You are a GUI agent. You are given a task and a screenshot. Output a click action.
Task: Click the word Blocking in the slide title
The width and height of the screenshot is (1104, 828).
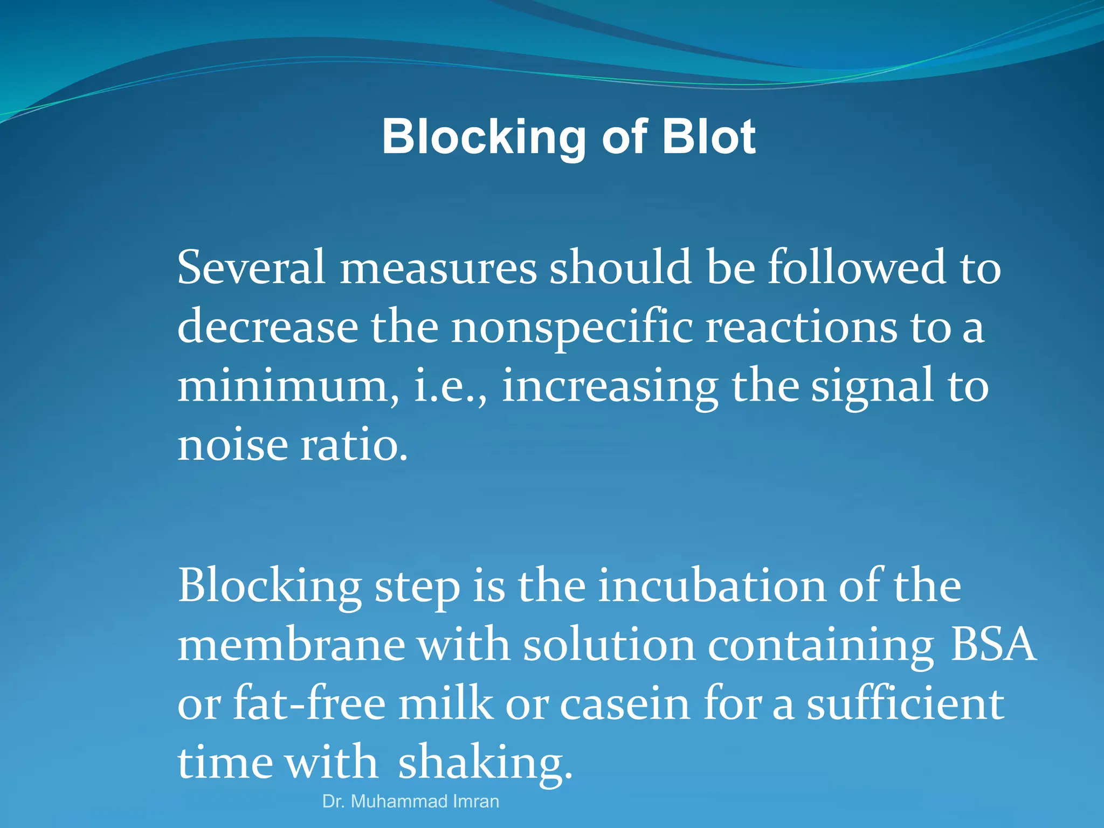click(x=484, y=138)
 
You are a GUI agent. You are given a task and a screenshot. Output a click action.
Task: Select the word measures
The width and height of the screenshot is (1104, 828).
click(x=438, y=268)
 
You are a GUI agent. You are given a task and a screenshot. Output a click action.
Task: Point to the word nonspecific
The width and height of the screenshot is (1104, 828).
click(x=572, y=328)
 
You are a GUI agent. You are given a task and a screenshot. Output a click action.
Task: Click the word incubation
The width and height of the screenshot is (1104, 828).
click(x=712, y=585)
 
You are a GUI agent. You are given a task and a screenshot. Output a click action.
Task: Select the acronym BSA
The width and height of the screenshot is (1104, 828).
click(x=992, y=645)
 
